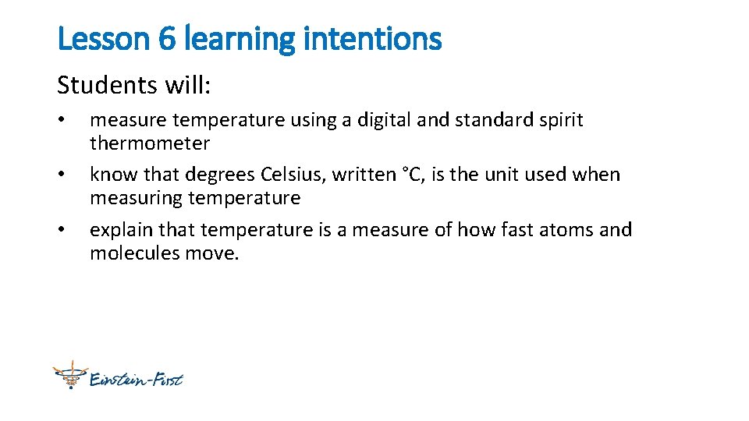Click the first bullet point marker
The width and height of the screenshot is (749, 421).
[61, 121]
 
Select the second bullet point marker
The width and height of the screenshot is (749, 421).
[61, 175]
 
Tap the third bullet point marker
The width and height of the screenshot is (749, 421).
[61, 231]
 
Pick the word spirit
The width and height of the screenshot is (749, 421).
[558, 120]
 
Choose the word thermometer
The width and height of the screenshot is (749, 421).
[150, 143]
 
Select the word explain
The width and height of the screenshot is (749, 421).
[121, 230]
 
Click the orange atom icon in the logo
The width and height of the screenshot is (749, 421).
[69, 376]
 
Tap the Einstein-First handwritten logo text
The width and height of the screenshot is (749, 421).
[136, 380]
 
